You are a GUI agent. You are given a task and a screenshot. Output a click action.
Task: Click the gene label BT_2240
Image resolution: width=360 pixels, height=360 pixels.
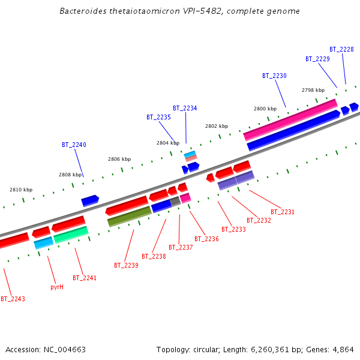point(74,145)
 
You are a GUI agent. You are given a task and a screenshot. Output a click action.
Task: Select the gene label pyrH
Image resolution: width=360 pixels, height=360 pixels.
point(57,287)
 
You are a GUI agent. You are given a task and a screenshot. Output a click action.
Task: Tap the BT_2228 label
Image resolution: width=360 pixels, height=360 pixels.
point(341,49)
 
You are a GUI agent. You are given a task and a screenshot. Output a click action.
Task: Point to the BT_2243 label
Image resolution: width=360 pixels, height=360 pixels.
point(13,299)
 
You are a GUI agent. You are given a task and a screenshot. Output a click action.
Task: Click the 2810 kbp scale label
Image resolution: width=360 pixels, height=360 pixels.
point(21,190)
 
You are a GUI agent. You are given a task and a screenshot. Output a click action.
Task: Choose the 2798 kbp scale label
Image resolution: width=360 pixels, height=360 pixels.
point(313,90)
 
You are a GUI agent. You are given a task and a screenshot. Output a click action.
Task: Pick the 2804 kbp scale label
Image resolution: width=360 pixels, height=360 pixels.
point(168,143)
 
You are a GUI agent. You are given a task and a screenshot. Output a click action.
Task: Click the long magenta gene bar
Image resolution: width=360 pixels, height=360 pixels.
point(290,119)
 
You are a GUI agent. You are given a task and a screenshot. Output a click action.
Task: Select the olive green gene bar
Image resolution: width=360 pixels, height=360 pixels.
point(129,216)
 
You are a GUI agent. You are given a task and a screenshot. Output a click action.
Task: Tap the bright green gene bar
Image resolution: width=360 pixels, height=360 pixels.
point(71,235)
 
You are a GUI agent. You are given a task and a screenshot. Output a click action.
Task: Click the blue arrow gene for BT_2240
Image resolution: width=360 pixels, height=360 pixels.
point(90,200)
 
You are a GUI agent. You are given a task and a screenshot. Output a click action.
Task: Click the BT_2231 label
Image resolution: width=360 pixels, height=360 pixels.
point(283,212)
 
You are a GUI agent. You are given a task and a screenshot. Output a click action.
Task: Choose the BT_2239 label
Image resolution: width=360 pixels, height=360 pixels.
point(126,265)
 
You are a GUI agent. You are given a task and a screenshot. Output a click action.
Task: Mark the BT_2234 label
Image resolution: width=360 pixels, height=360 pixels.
point(185,108)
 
